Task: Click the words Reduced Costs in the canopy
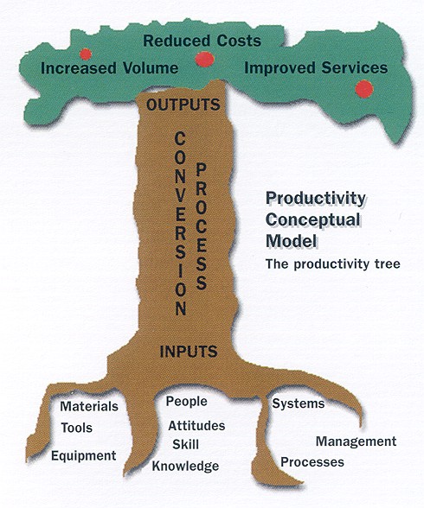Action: [202, 41]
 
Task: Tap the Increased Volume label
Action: [110, 68]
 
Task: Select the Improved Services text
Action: [316, 67]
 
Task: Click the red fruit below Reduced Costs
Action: [204, 60]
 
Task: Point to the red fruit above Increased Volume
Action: [86, 54]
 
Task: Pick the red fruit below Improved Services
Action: [364, 89]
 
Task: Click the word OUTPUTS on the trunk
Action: [183, 105]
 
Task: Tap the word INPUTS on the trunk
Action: [189, 351]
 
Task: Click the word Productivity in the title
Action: [315, 199]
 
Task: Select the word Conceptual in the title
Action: [313, 219]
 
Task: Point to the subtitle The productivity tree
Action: [333, 264]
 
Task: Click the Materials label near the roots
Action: [89, 406]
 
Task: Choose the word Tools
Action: [77, 428]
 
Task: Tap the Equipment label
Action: [84, 456]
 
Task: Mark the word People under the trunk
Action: [187, 402]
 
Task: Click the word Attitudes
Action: [196, 425]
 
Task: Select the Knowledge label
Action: [185, 466]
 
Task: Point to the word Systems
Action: [299, 403]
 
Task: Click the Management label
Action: [357, 441]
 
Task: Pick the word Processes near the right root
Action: [312, 462]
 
